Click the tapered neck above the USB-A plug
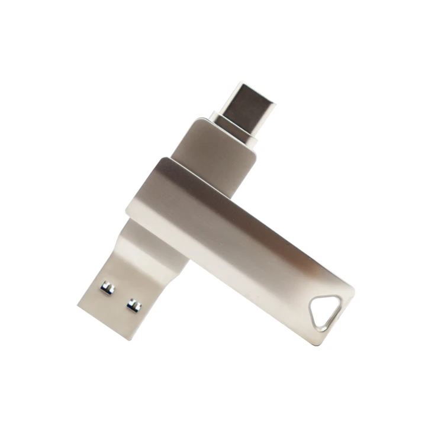[148, 249]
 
